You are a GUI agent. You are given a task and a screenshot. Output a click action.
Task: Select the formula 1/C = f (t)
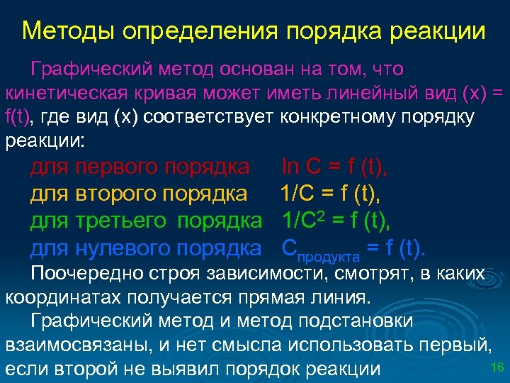(x=334, y=194)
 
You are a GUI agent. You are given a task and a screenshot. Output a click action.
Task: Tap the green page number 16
(x=497, y=367)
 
